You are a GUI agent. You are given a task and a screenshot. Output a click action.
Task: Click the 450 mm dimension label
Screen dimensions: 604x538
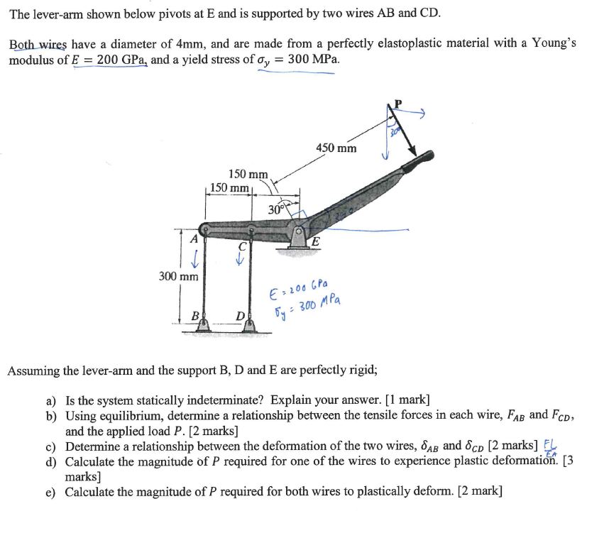336,148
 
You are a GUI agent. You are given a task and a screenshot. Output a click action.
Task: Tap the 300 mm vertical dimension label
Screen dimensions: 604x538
178,275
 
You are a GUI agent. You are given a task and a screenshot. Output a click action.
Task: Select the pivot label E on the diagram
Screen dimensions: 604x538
316,242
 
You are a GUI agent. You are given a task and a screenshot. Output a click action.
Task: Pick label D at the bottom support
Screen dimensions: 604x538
241,314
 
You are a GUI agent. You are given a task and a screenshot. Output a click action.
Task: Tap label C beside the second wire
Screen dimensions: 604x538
242,246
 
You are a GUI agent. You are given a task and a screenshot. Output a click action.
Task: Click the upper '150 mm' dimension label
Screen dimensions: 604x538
248,174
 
